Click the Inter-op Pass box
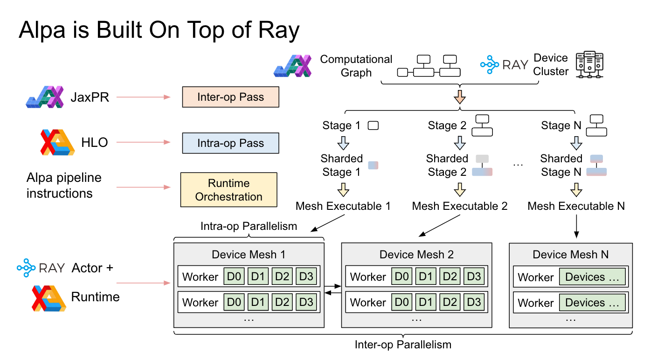(230, 97)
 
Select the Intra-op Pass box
(230, 143)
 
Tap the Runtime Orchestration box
(228, 190)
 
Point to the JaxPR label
(90, 97)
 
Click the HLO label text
(95, 143)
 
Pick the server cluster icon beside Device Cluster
(589, 65)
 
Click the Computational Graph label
(356, 66)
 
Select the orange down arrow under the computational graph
(460, 97)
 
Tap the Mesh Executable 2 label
(459, 206)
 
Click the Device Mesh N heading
(570, 255)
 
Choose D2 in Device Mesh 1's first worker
(282, 277)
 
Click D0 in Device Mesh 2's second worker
(401, 302)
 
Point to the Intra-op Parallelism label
(249, 227)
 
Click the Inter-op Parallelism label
(403, 345)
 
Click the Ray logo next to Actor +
(41, 268)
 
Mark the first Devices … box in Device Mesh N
(592, 277)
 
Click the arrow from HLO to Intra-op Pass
(143, 143)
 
